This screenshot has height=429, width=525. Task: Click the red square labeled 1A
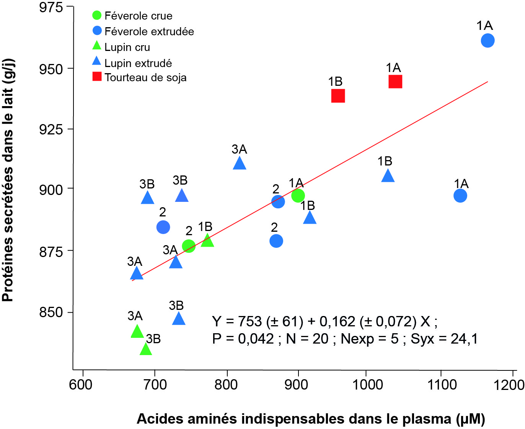pos(395,82)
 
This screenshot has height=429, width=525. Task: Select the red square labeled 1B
pos(338,96)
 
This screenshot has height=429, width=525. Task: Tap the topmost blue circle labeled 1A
pos(487,40)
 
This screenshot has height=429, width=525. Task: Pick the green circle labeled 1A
pos(298,195)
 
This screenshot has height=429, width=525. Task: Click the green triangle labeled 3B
pos(146,349)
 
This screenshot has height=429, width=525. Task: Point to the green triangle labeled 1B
pos(207,241)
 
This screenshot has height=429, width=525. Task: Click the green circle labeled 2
pos(189,246)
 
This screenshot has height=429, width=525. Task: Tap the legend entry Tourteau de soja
pos(145,77)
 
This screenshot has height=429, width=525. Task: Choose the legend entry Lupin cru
pos(127,47)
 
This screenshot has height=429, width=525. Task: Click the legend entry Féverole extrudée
pos(149,31)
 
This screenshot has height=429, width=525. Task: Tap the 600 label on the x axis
pos(81,384)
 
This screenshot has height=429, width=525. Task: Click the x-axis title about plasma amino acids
pos(310,419)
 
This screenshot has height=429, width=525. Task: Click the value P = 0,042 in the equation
pos(243,339)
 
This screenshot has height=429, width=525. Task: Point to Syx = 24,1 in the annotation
pos(444,339)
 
